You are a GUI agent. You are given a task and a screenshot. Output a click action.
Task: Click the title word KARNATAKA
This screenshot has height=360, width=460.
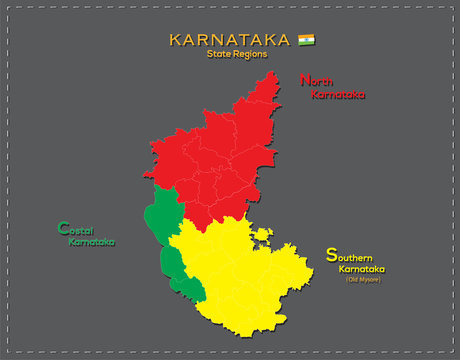coord(230,40)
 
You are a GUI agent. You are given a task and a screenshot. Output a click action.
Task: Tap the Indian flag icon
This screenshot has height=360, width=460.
coord(306,40)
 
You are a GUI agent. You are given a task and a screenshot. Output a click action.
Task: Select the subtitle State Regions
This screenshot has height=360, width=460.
coord(236,54)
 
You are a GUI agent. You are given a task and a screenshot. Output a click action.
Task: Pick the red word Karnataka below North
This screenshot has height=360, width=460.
coord(338,95)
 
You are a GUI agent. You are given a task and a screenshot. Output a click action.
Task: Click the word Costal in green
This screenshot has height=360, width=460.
coord(74,229)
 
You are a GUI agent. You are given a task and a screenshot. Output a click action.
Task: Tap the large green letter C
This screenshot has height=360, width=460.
coord(63,228)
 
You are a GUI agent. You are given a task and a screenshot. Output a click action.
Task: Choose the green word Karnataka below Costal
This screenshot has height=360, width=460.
coord(91,242)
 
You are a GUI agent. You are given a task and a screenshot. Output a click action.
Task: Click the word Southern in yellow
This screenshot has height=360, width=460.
coord(352,256)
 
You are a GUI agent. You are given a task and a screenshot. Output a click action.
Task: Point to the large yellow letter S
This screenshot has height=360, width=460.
coord(331,255)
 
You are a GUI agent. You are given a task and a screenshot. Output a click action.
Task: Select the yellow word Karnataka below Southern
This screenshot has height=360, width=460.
coord(362,269)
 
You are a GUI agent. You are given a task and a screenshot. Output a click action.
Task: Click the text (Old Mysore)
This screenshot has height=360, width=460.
coord(364,279)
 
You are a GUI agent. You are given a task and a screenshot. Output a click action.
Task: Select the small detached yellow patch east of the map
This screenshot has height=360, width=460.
coord(263,236)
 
